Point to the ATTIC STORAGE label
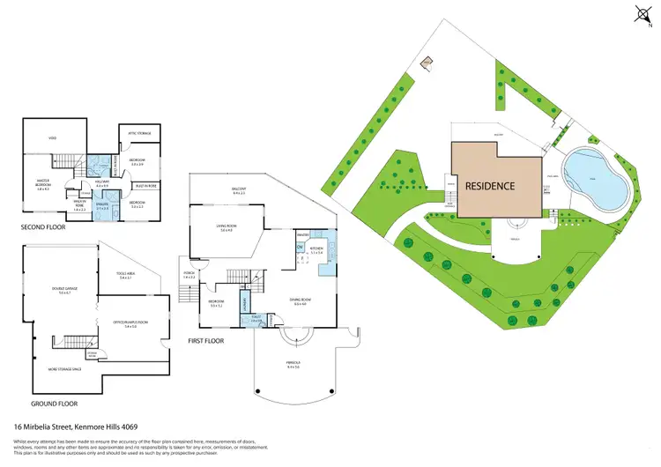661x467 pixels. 140,134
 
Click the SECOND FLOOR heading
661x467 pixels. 42,227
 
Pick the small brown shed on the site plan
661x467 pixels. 427,63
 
